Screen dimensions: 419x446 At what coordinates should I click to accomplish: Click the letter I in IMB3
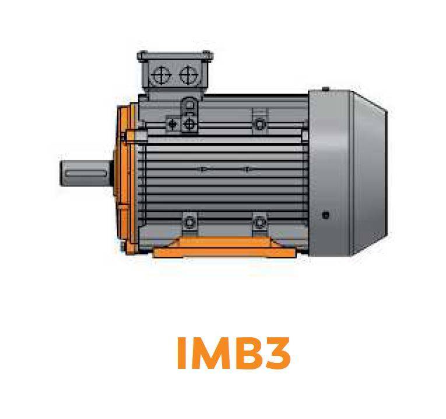point(181,353)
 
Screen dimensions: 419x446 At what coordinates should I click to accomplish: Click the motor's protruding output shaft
point(85,173)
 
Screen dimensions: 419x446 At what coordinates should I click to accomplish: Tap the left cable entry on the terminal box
point(162,74)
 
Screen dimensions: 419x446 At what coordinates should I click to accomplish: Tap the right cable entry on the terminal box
point(188,74)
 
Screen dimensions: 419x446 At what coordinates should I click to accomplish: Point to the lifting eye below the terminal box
point(189,106)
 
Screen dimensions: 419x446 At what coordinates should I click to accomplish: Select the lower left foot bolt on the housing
point(189,222)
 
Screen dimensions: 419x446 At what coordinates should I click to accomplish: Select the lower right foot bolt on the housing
point(259,222)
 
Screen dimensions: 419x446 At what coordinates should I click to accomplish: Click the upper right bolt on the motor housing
point(259,124)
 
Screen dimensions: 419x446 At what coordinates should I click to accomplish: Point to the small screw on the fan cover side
point(325,215)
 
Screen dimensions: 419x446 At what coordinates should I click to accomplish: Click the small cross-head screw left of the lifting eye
point(173,124)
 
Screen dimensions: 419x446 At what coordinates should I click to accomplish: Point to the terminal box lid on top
point(175,56)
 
